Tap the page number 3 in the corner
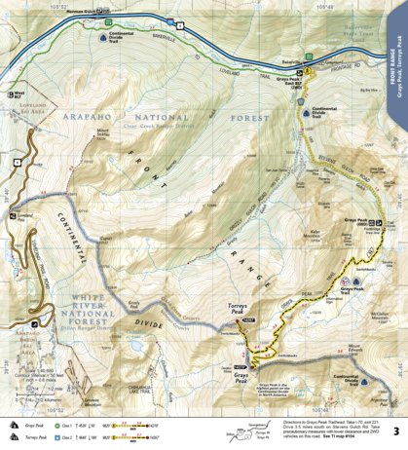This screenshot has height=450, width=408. coord(394,431)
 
